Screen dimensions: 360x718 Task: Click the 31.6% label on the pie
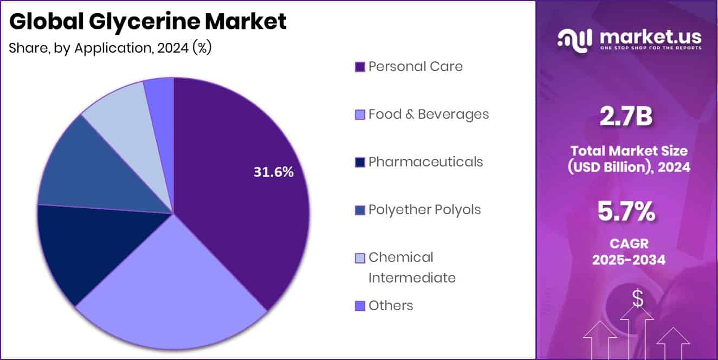coord(274,172)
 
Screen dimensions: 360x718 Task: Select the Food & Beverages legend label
coord(429,114)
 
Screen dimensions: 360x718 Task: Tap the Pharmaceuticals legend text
coord(425,162)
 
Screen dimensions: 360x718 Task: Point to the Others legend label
coord(391,306)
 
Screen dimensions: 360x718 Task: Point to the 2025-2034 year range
coord(629,260)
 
